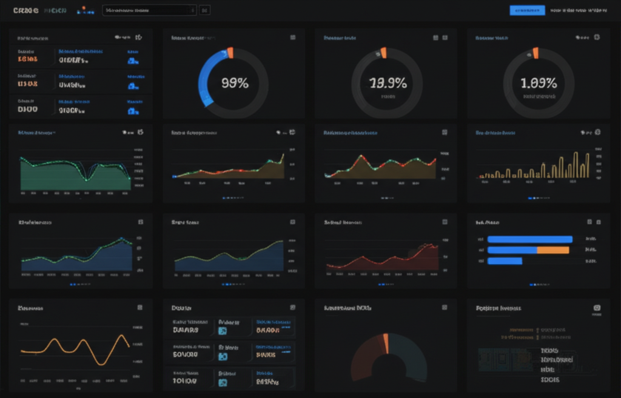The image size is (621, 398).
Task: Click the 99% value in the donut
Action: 235,84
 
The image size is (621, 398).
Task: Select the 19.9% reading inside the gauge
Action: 388,84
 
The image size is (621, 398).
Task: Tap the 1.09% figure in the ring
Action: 539,84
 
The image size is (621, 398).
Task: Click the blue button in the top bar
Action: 527,10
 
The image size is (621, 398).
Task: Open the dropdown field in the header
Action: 149,10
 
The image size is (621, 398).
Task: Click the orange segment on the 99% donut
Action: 230,53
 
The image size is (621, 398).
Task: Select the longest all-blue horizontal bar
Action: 529,239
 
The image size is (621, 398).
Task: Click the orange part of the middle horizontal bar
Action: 553,250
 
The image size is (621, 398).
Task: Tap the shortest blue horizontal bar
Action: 505,261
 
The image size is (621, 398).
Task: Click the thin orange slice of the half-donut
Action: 385,343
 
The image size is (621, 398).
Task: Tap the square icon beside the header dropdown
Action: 204,10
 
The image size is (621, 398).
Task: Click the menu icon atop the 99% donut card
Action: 293,38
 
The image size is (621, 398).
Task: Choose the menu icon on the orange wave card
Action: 139,308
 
